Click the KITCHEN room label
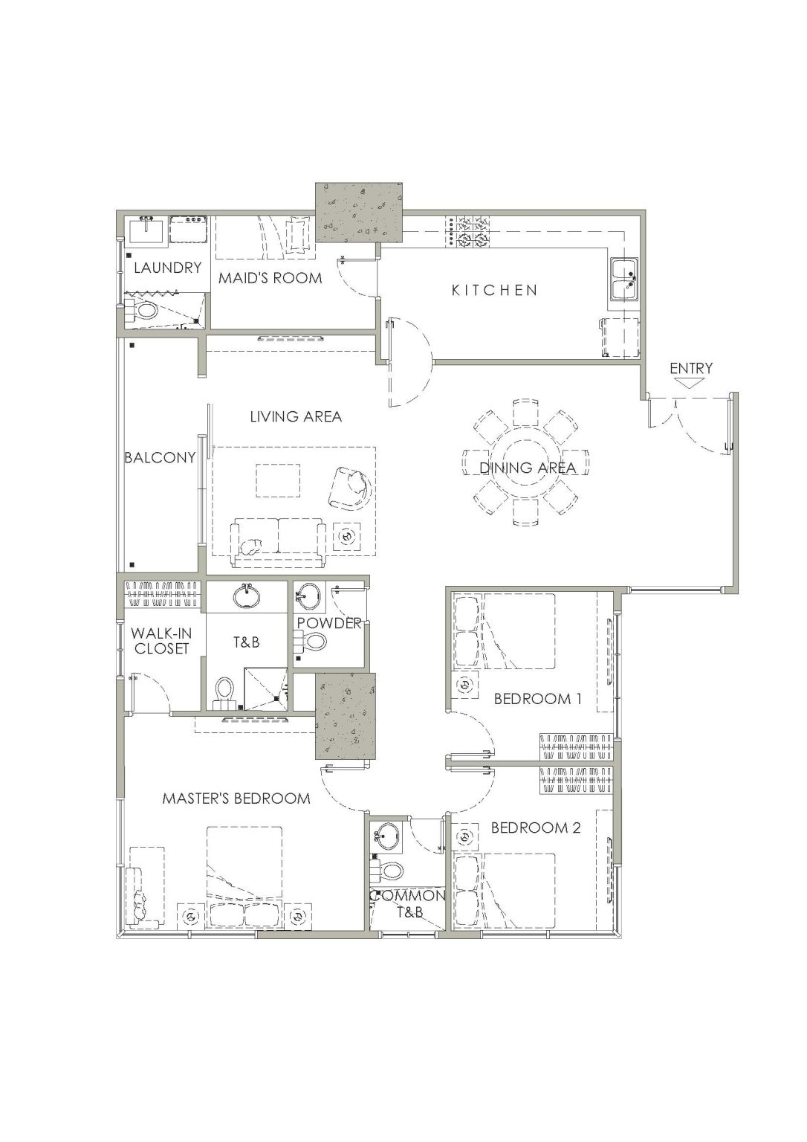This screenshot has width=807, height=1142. (x=494, y=290)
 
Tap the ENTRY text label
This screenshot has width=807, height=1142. (x=691, y=368)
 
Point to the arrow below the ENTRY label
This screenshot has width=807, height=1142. (x=691, y=383)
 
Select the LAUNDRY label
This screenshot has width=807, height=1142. (x=168, y=268)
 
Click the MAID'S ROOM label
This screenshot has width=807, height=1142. (x=270, y=278)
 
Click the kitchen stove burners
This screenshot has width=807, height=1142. (x=469, y=231)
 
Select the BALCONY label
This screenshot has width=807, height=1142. (x=160, y=457)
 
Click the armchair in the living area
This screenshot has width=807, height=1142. (x=351, y=488)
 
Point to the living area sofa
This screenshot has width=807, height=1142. (x=278, y=543)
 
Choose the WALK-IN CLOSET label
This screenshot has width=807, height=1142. (x=161, y=641)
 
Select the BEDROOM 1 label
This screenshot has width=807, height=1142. (x=537, y=698)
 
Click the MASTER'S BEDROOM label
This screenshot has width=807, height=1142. (x=236, y=798)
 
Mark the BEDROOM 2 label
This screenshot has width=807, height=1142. (x=536, y=828)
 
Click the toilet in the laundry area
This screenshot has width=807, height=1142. (x=143, y=310)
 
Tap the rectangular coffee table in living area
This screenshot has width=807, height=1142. (x=278, y=480)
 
